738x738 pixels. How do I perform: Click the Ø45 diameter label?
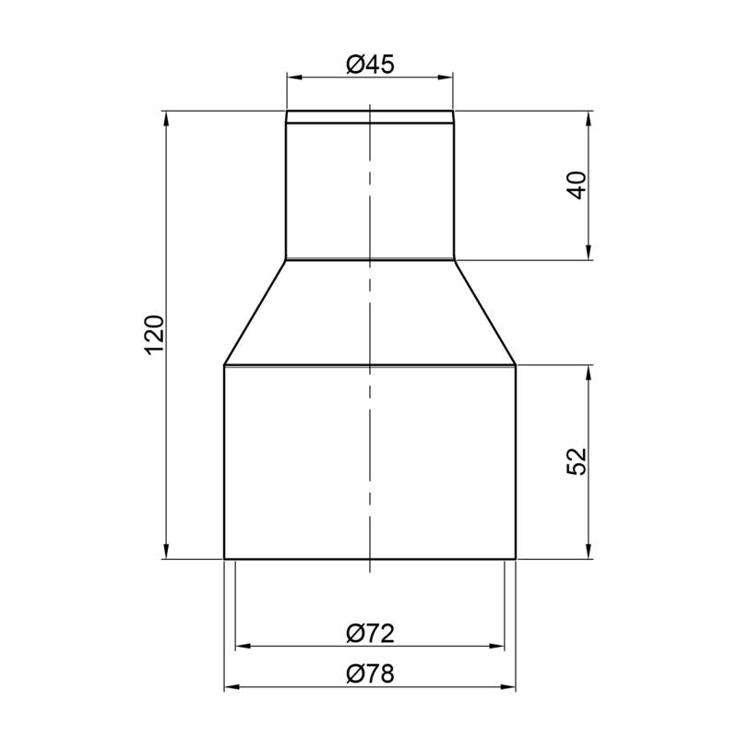pyautogui.click(x=371, y=65)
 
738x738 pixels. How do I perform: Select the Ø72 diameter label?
pyautogui.click(x=371, y=634)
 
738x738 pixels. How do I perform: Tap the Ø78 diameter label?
pyautogui.click(x=371, y=673)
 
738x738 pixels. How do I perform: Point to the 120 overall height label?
pyautogui.click(x=155, y=335)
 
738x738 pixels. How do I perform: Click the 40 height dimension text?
pyautogui.click(x=577, y=185)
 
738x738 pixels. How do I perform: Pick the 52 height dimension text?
pyautogui.click(x=577, y=461)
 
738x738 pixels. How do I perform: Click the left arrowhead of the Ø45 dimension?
pyautogui.click(x=294, y=77)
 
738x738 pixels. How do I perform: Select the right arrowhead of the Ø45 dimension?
pyautogui.click(x=446, y=77)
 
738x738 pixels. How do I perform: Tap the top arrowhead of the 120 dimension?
pyautogui.click(x=166, y=119)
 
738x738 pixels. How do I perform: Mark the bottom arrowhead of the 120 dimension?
pyautogui.click(x=166, y=551)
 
